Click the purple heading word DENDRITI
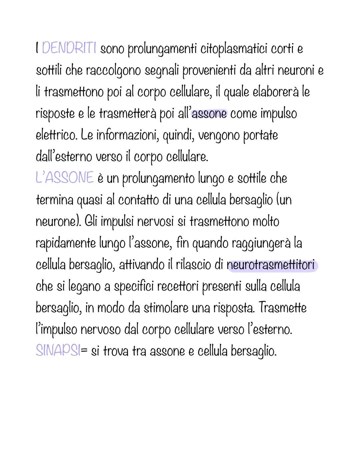69,49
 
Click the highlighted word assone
209,114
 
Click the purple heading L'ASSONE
64,178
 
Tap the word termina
54,200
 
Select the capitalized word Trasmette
282,308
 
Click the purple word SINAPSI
57,351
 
